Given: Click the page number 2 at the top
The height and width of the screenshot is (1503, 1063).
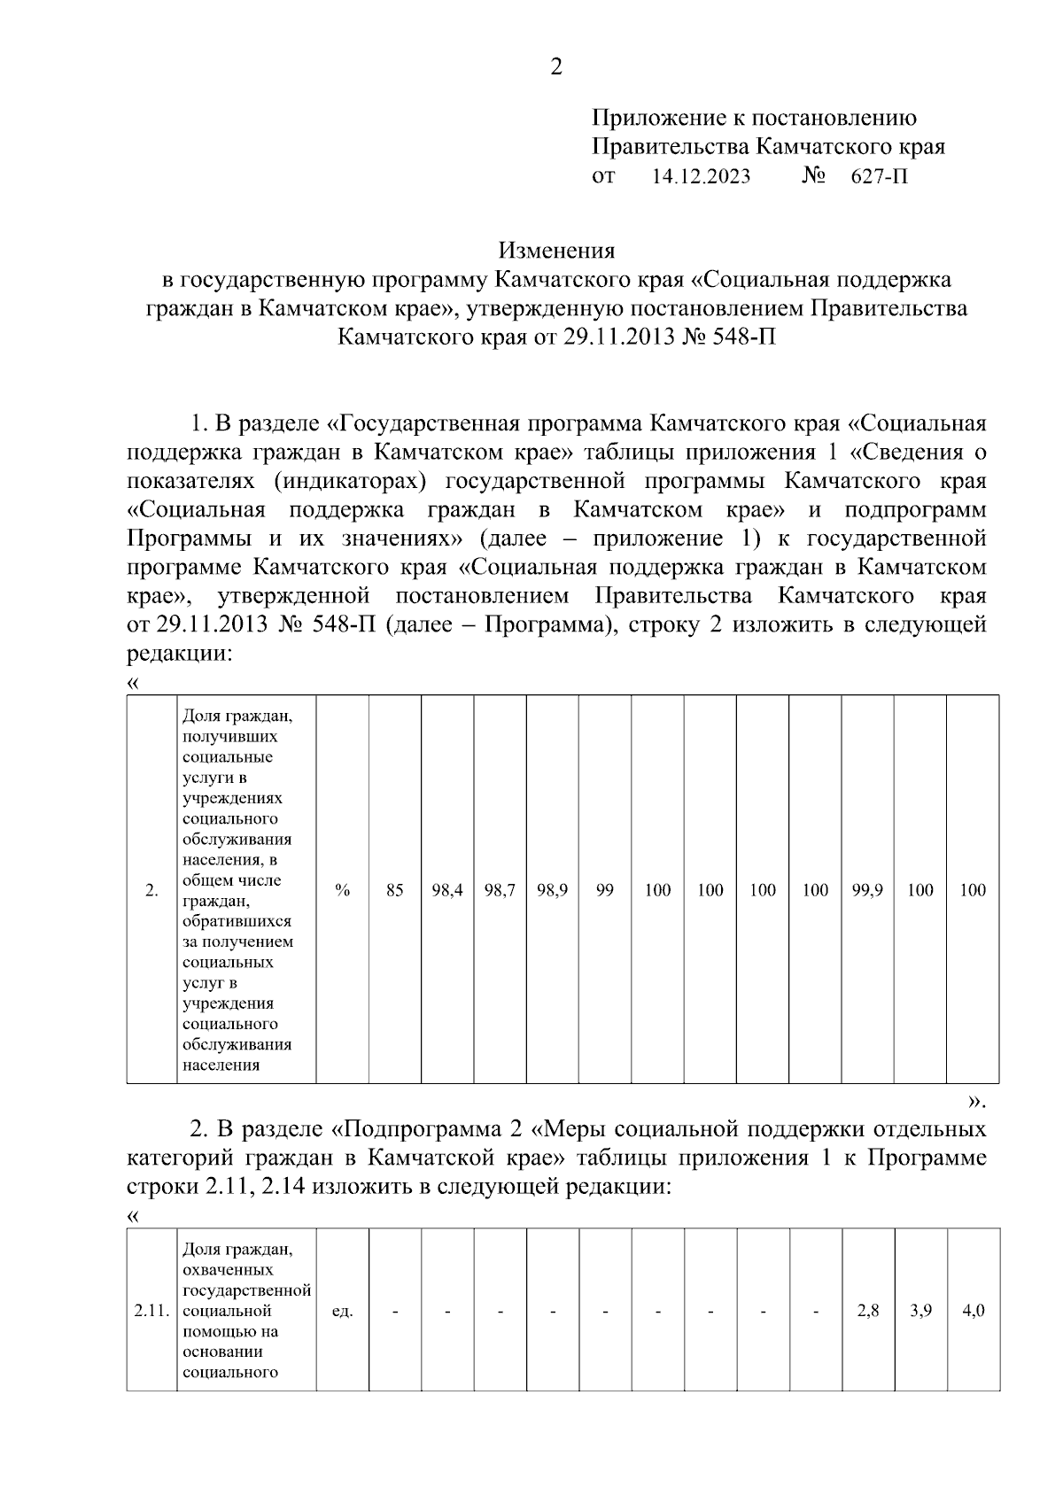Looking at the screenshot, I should click(556, 67).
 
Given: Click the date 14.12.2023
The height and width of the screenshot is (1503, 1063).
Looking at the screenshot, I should click(701, 176).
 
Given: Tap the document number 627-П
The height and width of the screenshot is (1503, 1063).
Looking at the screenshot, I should click(880, 176).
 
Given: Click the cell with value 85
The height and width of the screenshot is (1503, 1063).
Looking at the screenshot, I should click(395, 890).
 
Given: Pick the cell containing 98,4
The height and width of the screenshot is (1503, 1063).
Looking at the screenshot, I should click(447, 890).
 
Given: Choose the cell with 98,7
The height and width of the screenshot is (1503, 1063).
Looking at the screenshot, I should click(500, 890).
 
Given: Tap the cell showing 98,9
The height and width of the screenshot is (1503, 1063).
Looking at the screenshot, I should click(553, 890).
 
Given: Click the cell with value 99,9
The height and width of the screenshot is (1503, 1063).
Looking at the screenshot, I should click(867, 890).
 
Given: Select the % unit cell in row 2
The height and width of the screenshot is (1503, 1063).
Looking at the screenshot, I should click(343, 890).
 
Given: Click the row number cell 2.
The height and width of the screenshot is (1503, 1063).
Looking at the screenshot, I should click(151, 890).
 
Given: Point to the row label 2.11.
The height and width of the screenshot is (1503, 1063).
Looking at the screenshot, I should click(151, 1311).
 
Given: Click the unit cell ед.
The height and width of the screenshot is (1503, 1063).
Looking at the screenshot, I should click(343, 1311).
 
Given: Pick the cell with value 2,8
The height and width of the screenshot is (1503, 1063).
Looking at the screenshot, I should click(868, 1311).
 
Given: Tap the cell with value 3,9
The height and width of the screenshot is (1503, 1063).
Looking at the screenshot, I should click(920, 1311).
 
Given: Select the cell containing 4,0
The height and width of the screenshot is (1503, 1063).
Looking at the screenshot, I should click(973, 1311).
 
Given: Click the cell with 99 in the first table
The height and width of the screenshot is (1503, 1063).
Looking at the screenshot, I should click(605, 890).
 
